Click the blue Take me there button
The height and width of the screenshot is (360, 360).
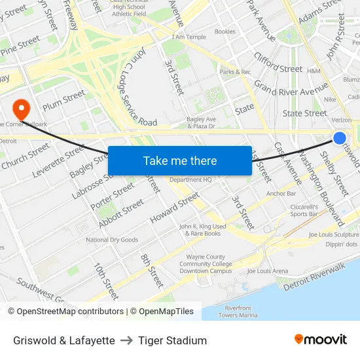180,161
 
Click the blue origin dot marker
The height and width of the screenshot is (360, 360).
340,137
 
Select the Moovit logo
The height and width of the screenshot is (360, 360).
321,340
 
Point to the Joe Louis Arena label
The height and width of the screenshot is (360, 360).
267,270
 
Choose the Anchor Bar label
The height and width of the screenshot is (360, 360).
281,193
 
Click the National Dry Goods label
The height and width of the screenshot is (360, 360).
112,240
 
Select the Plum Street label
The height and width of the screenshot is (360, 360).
63,100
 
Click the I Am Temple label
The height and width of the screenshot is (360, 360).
189,37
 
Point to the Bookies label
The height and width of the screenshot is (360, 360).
225,31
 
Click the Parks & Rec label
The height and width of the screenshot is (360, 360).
235,71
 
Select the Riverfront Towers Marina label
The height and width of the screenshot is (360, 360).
238,311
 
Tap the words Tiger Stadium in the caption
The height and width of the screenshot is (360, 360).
172,340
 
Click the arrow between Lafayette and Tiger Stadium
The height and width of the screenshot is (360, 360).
126,340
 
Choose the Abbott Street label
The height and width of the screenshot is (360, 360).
121,213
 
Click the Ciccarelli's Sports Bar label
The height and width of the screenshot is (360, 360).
304,210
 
